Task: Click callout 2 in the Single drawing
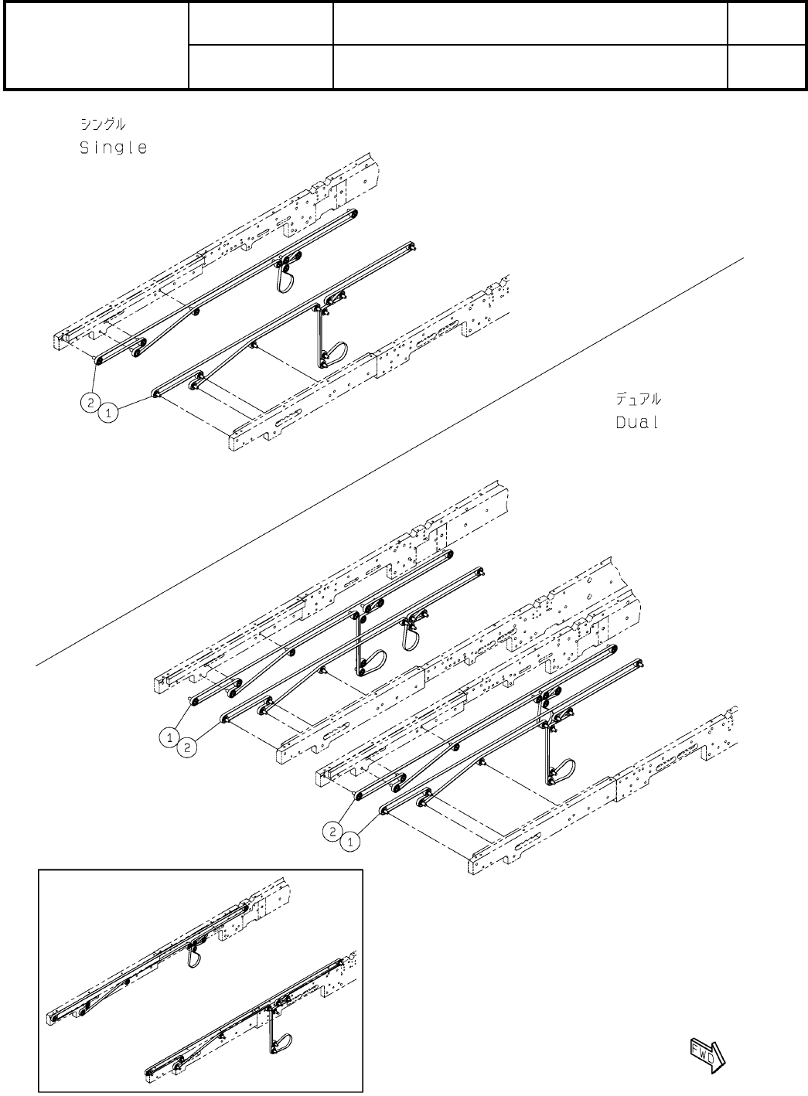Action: pos(90,403)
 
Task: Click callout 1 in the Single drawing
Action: pos(109,414)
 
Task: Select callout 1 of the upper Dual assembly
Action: pos(169,737)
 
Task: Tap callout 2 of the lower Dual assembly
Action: pos(331,831)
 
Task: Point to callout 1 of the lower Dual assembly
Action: pos(349,842)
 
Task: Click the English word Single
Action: pos(113,148)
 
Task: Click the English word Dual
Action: pos(637,423)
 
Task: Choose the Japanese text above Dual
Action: pos(638,400)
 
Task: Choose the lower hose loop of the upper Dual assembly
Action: pos(373,662)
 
